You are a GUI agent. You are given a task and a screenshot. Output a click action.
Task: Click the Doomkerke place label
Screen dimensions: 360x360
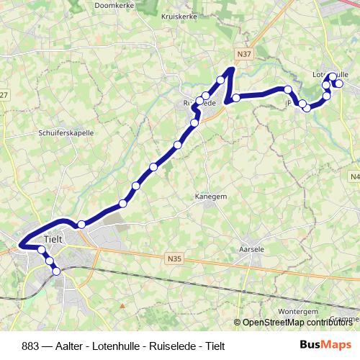pos(115,5)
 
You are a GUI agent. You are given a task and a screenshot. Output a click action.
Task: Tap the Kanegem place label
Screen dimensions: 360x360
pos(210,195)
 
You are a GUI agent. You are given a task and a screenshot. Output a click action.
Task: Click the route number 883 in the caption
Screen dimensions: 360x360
pos(30,346)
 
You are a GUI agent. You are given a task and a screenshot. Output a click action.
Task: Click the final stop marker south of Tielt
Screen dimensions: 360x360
pos(57,271)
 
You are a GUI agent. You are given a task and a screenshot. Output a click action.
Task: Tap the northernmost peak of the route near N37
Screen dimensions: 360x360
pos(231,70)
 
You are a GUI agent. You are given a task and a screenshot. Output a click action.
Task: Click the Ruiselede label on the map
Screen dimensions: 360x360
pos(199,103)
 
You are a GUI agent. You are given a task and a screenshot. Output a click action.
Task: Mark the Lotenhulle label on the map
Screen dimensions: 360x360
pos(331,73)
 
